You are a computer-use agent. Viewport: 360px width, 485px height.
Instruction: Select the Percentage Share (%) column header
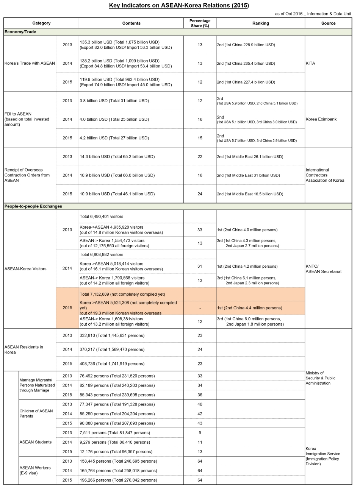coord(200,23)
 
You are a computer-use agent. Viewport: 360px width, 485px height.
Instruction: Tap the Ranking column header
coord(260,23)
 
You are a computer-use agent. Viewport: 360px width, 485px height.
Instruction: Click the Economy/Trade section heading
coord(20,32)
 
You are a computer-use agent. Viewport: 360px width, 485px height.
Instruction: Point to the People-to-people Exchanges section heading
coord(33,206)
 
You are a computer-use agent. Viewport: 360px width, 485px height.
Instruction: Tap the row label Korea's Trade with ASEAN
coord(30,63)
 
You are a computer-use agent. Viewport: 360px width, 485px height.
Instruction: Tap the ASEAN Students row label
coord(35,442)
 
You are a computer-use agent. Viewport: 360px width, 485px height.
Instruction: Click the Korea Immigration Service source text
coord(322,454)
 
